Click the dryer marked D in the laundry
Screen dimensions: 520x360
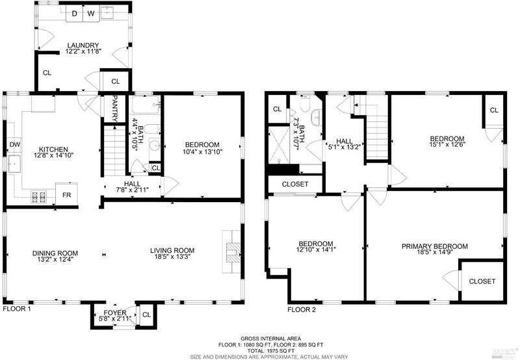coord(74,14)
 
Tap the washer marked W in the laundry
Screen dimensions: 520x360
coord(91,14)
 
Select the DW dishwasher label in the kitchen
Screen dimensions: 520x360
coord(15,144)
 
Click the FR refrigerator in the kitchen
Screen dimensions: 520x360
coord(67,194)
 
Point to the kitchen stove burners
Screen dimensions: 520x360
coord(38,197)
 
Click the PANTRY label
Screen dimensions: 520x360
coord(115,109)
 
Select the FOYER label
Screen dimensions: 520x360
coord(115,313)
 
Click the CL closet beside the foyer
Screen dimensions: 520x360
coord(146,315)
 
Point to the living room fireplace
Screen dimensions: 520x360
coord(231,252)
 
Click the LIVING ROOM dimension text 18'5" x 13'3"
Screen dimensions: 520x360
coord(172,256)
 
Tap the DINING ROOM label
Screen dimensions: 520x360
coord(55,253)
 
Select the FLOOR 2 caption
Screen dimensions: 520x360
coord(302,310)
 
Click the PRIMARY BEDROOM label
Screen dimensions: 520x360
coord(434,246)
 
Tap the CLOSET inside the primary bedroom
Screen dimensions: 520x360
coord(482,281)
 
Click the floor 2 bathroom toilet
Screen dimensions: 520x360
coord(305,104)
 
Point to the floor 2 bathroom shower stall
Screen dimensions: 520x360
coord(279,145)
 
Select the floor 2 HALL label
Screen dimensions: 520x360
coord(344,141)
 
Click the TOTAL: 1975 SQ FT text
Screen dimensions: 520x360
coord(270,351)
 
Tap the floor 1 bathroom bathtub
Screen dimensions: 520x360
coord(145,105)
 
